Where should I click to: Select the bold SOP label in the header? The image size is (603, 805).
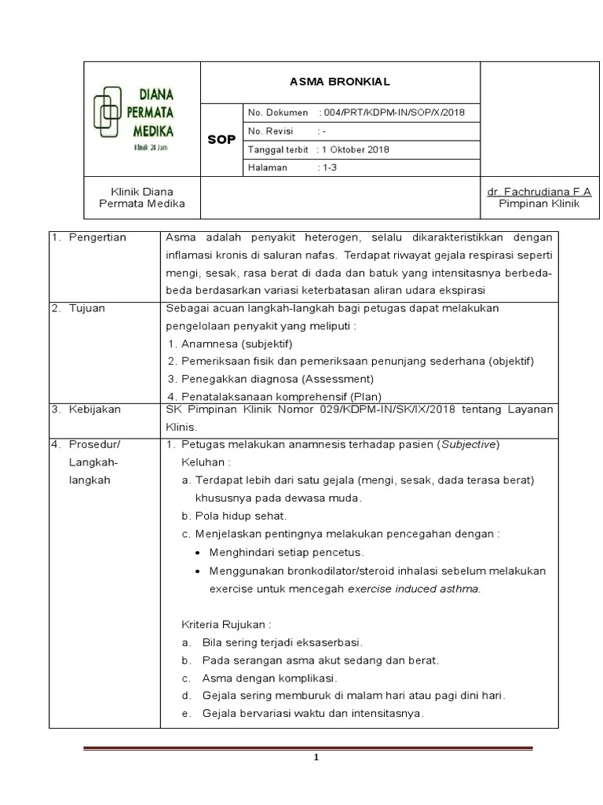point(221,140)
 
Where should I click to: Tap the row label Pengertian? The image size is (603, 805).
point(97,237)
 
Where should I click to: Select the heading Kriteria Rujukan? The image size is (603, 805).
point(225,625)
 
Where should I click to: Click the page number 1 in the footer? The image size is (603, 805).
point(315,757)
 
